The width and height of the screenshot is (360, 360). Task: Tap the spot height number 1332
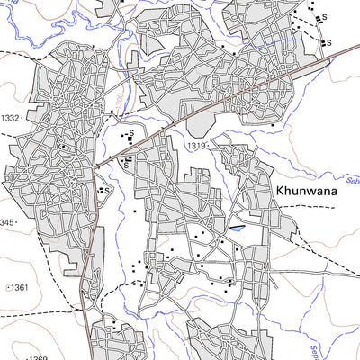(x=10, y=118)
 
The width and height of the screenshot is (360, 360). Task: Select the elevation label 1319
(x=198, y=144)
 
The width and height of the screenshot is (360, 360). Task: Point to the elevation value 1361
(x=17, y=287)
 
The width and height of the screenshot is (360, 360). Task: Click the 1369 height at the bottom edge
(x=37, y=357)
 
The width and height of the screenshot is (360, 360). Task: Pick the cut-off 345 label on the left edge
(x=7, y=221)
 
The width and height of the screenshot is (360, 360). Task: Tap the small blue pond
(x=237, y=229)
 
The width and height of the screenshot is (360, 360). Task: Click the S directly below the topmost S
(x=328, y=42)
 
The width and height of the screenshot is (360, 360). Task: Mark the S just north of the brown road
(x=132, y=134)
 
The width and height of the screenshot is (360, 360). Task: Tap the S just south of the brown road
(x=127, y=165)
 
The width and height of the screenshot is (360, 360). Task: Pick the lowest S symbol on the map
(x=106, y=191)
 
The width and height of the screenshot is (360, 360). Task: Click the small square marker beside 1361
(x=8, y=287)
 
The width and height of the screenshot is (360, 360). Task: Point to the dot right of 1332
(x=24, y=118)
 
